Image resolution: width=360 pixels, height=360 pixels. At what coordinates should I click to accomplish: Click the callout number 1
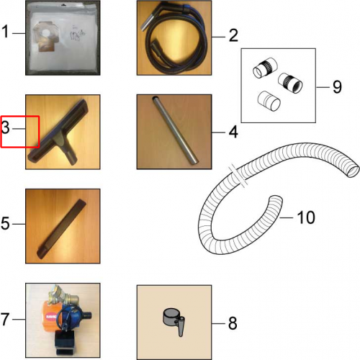coord(5,32)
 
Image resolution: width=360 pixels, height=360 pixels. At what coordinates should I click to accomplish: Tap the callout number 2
coord(233,36)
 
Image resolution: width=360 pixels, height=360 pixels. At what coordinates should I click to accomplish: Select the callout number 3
coord(6,127)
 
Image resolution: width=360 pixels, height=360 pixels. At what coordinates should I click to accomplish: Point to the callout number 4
coord(233,132)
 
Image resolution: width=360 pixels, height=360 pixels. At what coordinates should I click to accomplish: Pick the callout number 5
coord(5,223)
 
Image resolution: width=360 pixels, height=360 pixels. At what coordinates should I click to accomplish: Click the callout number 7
coord(5,319)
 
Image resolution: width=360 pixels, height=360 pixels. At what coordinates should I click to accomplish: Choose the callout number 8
coord(233,323)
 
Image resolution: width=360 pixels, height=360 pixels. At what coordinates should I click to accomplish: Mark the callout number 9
coord(337,87)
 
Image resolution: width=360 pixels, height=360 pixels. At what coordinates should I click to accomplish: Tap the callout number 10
coord(306,217)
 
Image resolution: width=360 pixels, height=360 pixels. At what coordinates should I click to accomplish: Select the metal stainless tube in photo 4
coord(175,130)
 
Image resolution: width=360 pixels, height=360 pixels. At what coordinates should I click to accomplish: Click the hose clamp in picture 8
coord(174,321)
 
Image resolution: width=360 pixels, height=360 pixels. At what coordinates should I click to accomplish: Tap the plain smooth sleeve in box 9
coord(269,101)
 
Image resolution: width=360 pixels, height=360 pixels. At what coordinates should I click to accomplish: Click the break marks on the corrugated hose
coord(238,176)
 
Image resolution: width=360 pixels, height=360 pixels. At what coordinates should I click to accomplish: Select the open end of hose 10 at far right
coord(353,170)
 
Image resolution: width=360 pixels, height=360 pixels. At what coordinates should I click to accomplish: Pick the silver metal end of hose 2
coord(146,22)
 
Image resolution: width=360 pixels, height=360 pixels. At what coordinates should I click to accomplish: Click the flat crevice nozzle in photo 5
coord(61,228)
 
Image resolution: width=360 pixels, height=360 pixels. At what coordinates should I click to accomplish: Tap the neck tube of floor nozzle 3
coord(68,154)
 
